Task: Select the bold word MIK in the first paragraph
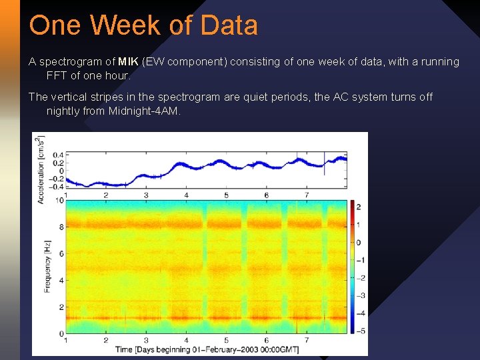(128, 62)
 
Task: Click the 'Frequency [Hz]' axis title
(47, 266)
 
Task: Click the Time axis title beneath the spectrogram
(206, 349)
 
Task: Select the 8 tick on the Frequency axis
(61, 227)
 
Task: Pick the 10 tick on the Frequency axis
(59, 200)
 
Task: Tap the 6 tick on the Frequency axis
(61, 253)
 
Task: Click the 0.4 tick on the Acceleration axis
(58, 155)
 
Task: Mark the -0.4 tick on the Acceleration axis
(57, 186)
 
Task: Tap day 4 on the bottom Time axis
(186, 340)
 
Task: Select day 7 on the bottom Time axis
(307, 340)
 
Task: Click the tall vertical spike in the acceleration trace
(325, 163)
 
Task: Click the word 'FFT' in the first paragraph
(57, 75)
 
